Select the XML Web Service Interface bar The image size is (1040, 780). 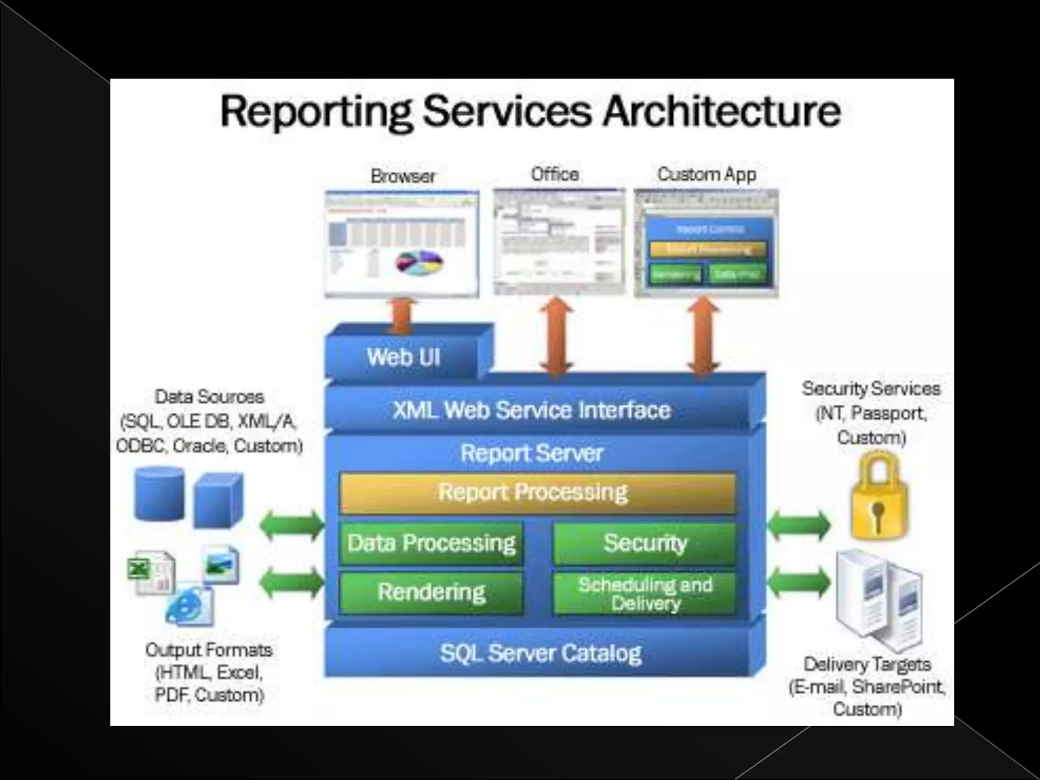pos(532,410)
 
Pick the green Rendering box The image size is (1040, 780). pos(431,592)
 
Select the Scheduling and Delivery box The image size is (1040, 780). pos(644,594)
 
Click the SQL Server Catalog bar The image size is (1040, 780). pos(540,653)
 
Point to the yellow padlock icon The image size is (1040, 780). pos(879,498)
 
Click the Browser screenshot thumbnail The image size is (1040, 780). pos(402,244)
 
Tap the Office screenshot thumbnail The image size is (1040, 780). pos(559,242)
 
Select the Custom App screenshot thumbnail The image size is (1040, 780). pos(706,243)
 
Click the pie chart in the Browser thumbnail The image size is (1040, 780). pos(419,264)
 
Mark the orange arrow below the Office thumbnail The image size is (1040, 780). pos(557,336)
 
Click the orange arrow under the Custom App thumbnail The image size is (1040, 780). pos(703,336)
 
